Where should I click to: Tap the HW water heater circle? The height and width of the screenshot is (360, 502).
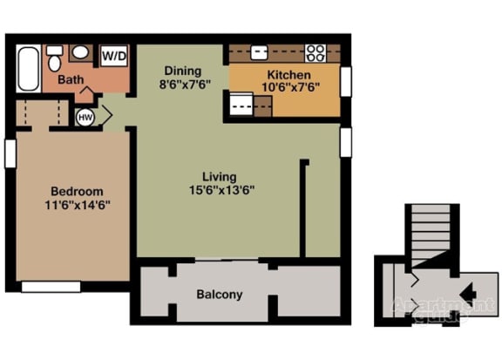(x=86, y=117)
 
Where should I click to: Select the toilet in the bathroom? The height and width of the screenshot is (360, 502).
(x=54, y=58)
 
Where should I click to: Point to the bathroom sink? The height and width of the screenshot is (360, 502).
(x=79, y=52)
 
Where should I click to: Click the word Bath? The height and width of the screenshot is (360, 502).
(x=71, y=80)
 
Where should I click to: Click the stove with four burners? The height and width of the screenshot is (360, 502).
(x=315, y=51)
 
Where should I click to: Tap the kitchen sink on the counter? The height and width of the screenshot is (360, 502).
(x=260, y=51)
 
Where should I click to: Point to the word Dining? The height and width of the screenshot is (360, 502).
(x=182, y=71)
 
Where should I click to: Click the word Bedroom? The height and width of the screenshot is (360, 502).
(x=76, y=192)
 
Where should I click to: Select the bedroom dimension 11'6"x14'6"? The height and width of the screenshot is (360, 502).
(x=76, y=205)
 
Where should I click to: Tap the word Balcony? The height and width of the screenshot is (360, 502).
(x=219, y=295)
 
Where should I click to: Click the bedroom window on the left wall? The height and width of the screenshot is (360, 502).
(x=10, y=153)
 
